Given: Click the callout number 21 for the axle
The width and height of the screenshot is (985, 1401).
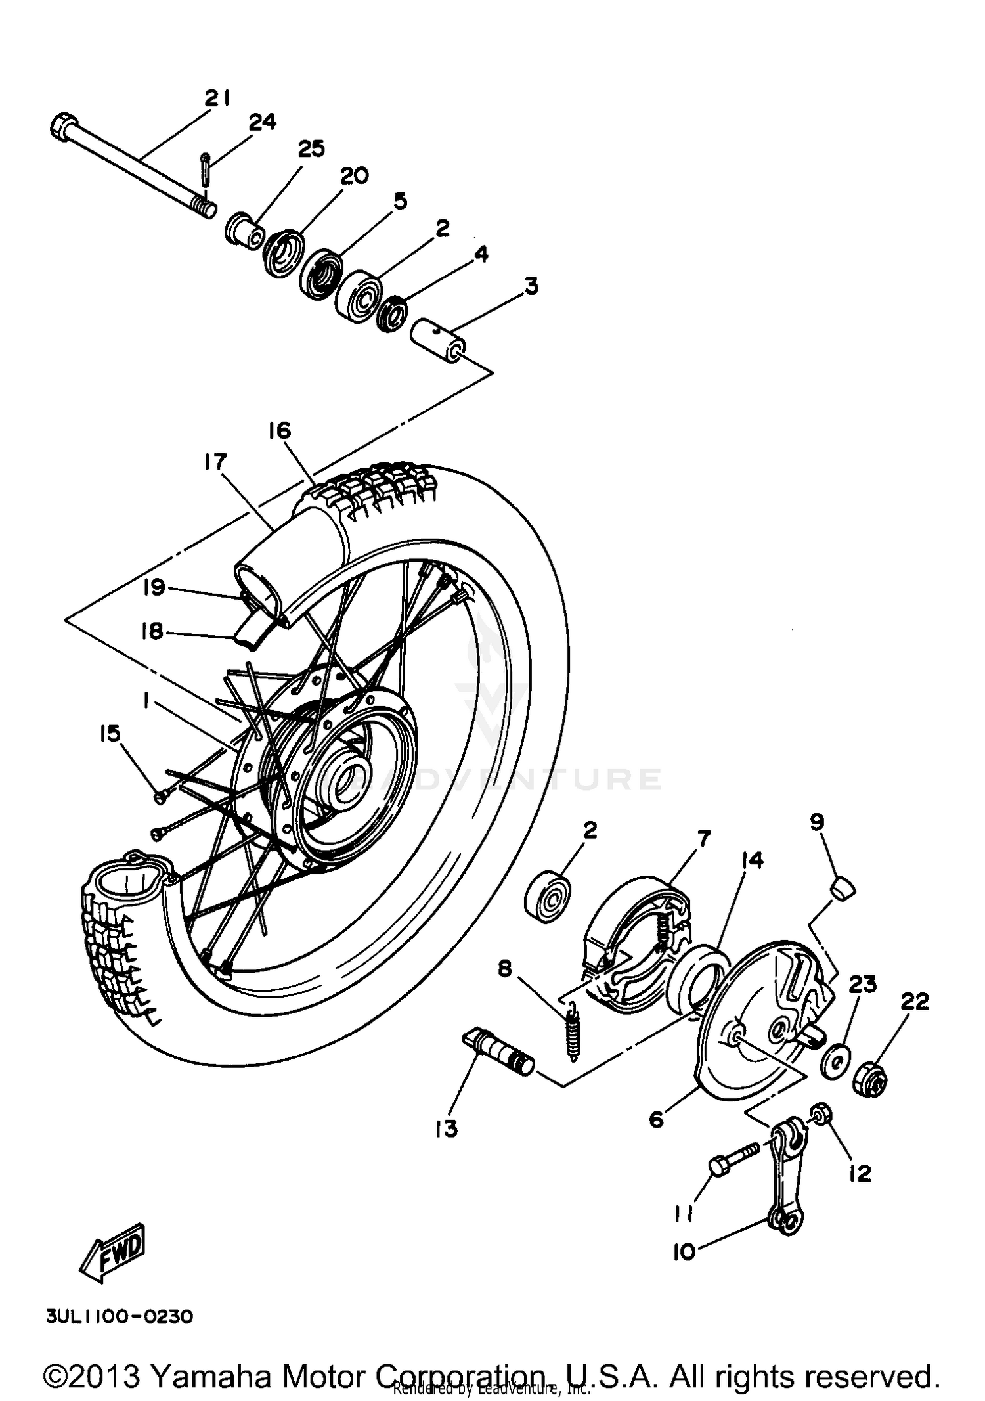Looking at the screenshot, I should pyautogui.click(x=216, y=98).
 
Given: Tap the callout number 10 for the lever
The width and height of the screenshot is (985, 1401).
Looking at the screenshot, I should pyautogui.click(x=684, y=1253).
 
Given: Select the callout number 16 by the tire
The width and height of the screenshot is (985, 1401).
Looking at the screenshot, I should pyautogui.click(x=279, y=431).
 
